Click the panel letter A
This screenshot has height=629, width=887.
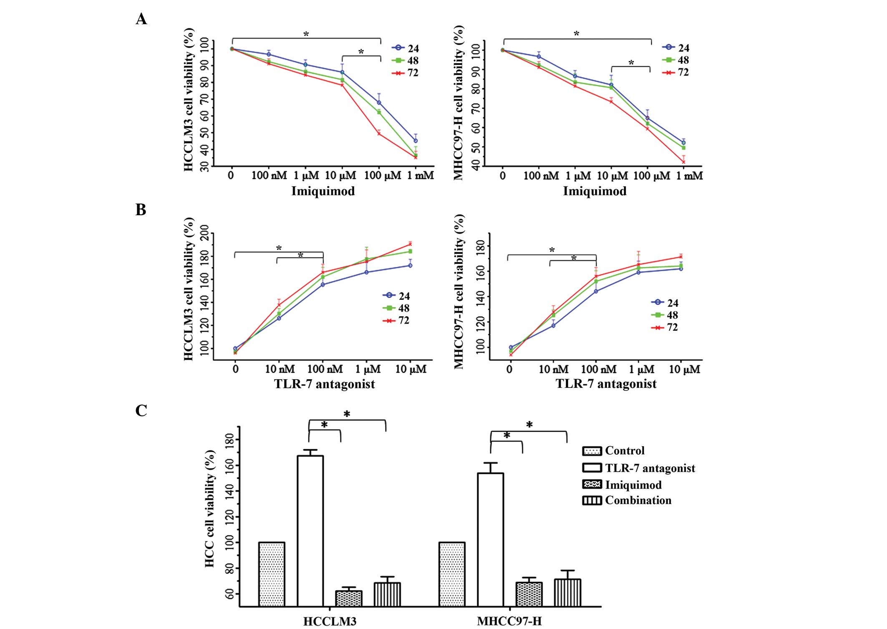(141, 19)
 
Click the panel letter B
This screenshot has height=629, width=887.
(141, 209)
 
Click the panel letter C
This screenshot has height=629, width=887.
(141, 410)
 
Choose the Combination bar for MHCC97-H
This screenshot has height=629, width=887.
(567, 592)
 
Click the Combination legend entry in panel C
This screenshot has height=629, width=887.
(627, 500)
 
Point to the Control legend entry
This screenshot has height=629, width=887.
(614, 451)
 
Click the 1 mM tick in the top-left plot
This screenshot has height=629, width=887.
(421, 176)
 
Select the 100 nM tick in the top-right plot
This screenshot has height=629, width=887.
(541, 176)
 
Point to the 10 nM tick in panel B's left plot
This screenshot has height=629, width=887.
(280, 369)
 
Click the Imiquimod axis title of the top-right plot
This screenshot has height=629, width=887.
(595, 191)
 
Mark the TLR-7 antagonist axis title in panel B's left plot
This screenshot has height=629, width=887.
(324, 384)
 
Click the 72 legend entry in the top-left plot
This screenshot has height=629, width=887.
(405, 73)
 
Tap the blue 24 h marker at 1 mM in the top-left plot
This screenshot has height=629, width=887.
(416, 141)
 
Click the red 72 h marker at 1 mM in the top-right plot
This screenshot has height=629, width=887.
(683, 162)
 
